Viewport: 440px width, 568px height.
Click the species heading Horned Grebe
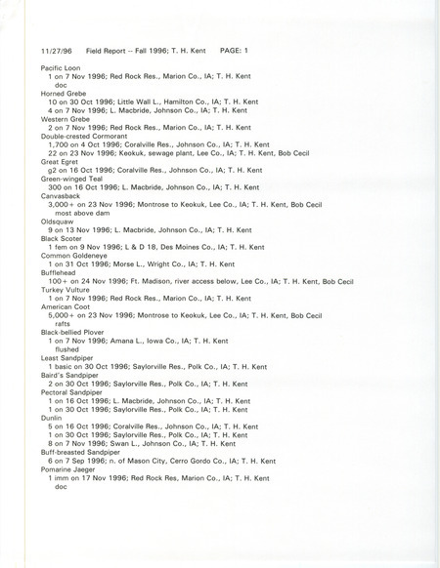[x=64, y=92]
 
